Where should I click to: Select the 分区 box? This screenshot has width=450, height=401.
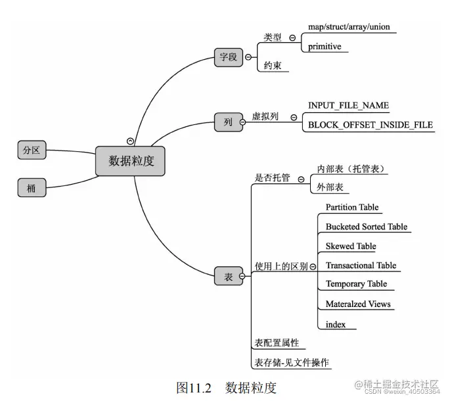(x=32, y=151)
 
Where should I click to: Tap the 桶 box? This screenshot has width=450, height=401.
(x=32, y=188)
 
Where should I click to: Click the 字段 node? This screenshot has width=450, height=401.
(x=228, y=57)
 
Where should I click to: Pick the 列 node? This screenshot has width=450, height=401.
(x=228, y=122)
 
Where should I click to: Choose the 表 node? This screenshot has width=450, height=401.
(x=228, y=277)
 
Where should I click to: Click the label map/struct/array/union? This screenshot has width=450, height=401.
(x=348, y=28)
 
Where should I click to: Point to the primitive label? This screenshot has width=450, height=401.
(x=325, y=47)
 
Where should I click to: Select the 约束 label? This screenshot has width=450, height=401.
(x=273, y=66)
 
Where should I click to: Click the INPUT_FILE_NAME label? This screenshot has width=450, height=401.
(x=348, y=105)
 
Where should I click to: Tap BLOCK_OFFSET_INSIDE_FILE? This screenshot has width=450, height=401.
(x=371, y=125)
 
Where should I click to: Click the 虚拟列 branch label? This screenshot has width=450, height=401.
(x=265, y=116)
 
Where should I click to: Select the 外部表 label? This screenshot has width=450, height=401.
(x=330, y=187)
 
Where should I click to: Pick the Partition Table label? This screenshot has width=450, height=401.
(x=352, y=207)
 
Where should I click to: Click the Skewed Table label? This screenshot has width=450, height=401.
(x=351, y=246)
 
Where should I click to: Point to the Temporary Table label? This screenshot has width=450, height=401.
(x=356, y=284)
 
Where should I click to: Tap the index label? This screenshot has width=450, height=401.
(x=336, y=324)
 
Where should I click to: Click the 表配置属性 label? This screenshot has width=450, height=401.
(x=277, y=342)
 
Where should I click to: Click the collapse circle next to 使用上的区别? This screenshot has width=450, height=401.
(x=312, y=266)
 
